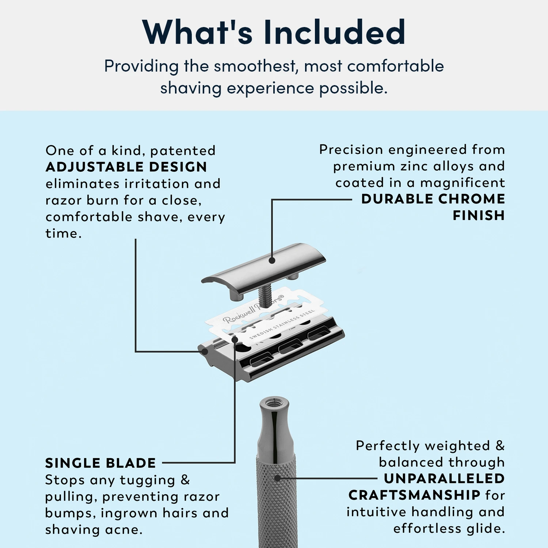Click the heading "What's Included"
point(274,32)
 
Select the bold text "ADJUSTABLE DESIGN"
point(126,167)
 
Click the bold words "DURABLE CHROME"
point(433,199)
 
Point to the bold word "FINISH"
point(479,216)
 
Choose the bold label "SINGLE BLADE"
point(100,463)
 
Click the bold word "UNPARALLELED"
point(444,479)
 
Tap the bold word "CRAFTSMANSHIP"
point(414,495)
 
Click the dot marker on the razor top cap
point(272,260)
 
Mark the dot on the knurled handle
point(278,478)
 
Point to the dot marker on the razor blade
point(235,340)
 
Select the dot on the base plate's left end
point(205,352)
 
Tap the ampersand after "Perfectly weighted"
point(500,446)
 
